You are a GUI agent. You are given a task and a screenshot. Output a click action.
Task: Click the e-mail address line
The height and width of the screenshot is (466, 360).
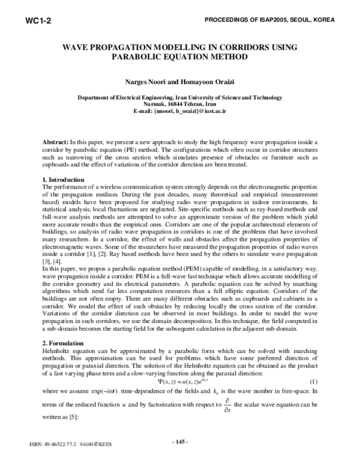pyautogui.click(x=180, y=112)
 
